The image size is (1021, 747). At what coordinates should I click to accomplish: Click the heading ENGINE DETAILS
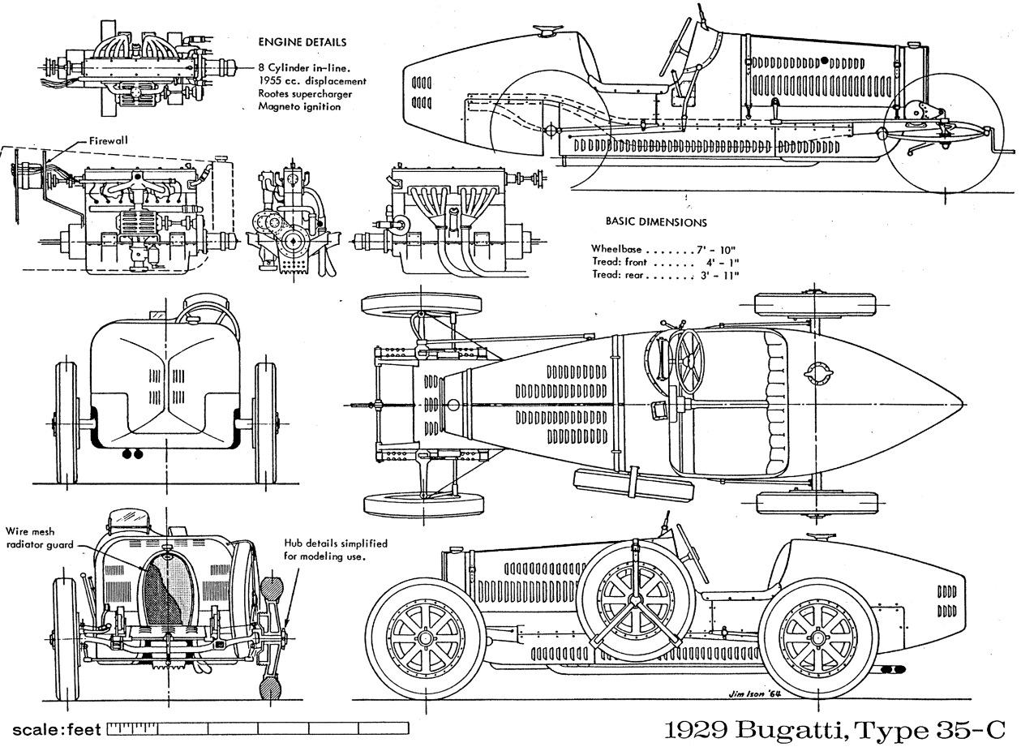click(x=302, y=41)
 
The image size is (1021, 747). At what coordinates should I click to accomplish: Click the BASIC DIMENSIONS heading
click(x=656, y=221)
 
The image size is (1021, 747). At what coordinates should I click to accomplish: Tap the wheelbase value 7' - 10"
click(x=718, y=248)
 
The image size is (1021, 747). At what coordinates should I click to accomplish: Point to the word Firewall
click(x=107, y=140)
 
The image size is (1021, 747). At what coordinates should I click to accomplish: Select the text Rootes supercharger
click(x=307, y=94)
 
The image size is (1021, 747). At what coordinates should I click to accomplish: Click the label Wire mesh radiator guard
click(x=40, y=537)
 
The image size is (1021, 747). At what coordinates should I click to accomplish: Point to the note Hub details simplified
click(x=334, y=543)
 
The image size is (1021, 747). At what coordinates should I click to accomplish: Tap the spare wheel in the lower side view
click(x=639, y=601)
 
